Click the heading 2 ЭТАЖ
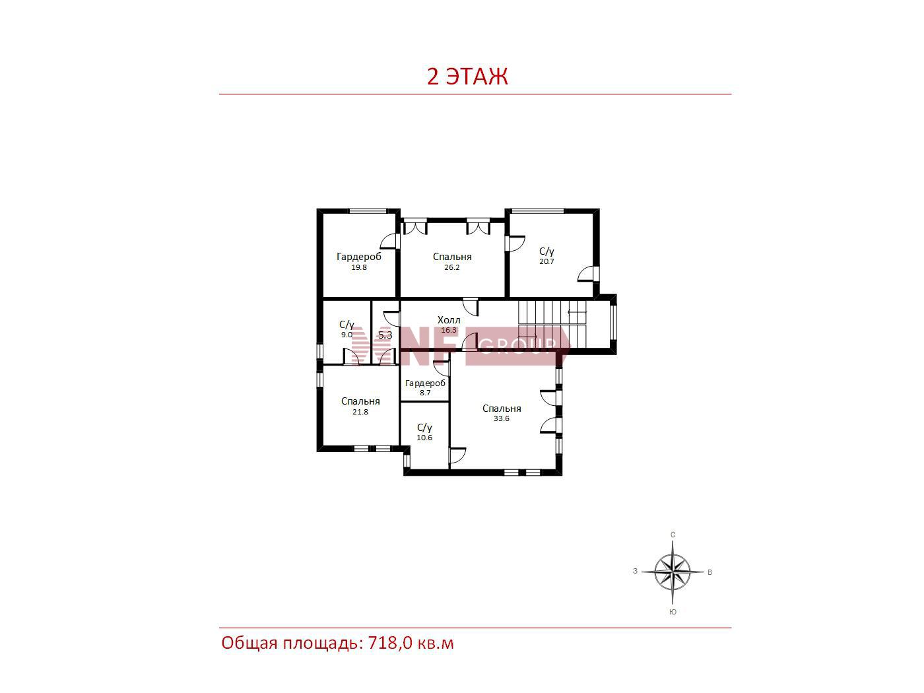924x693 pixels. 467,77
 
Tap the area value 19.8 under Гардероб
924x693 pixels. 359,267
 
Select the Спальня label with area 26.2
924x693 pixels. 452,257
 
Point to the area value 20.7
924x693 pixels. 546,261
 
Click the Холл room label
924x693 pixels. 449,320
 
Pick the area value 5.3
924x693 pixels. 385,335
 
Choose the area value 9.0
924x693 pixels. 346,335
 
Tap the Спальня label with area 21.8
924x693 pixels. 360,401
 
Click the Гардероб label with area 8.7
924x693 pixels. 425,383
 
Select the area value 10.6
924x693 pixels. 424,438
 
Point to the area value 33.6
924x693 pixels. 502,418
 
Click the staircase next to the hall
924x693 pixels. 552,324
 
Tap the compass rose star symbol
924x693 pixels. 673,573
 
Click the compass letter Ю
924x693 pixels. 673,612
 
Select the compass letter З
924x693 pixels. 635,572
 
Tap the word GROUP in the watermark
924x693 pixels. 518,345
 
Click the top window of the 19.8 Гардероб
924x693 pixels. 368,211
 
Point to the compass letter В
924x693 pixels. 709,573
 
